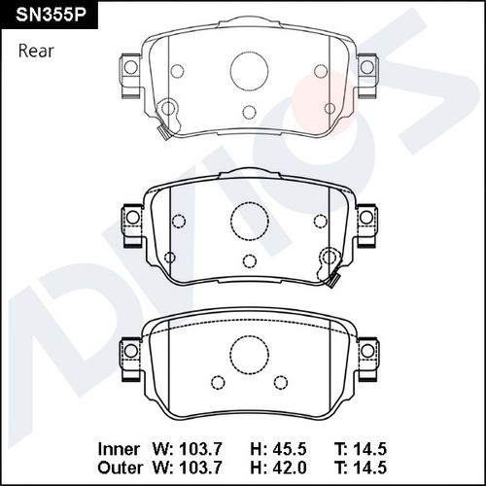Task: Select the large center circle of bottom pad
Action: [247, 351]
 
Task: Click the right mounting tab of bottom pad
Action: [365, 349]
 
